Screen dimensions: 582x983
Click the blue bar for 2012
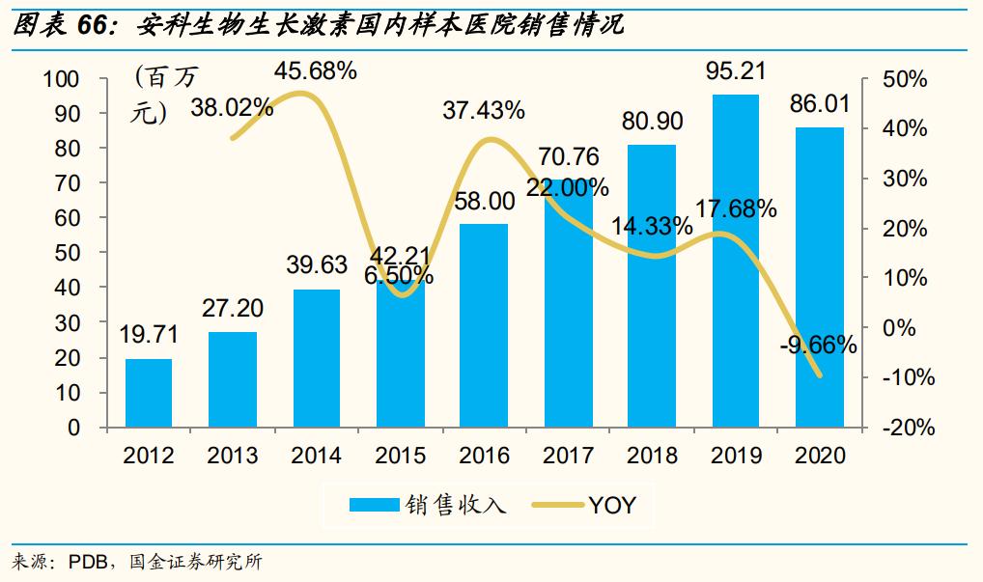coord(149,393)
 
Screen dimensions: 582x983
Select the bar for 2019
coord(736,261)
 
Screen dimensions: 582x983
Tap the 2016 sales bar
coord(484,325)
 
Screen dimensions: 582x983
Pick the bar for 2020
coord(820,277)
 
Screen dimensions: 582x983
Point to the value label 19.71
coord(149,336)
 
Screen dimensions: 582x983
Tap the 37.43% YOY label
coord(484,111)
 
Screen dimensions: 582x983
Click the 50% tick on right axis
coord(905,79)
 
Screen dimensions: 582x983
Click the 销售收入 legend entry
coord(427,504)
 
